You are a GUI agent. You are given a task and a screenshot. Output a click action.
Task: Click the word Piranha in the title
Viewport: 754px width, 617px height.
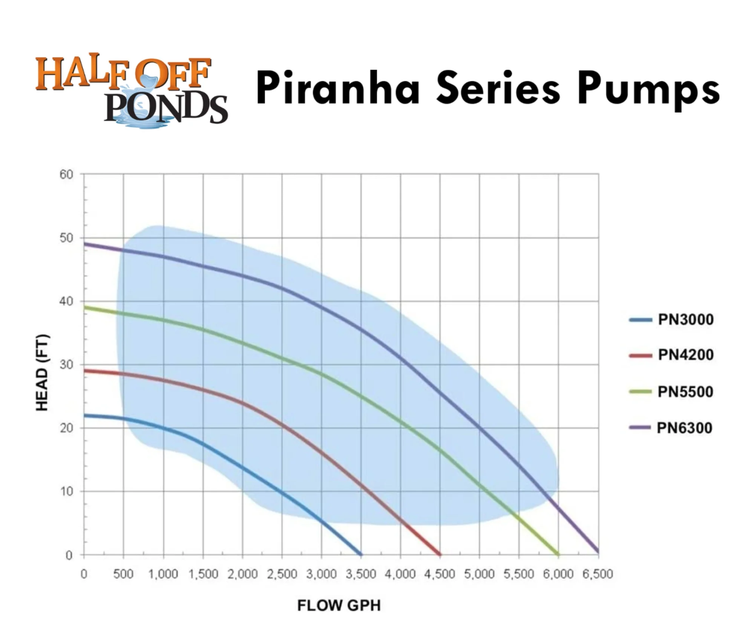[338, 89]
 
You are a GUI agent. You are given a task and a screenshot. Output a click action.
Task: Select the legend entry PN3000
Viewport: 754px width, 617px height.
[685, 320]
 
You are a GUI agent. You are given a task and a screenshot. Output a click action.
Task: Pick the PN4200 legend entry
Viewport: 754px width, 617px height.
[685, 355]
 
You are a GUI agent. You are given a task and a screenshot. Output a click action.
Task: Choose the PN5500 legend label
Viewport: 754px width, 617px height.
[685, 392]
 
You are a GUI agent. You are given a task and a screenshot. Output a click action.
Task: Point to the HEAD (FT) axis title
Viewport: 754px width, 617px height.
[42, 373]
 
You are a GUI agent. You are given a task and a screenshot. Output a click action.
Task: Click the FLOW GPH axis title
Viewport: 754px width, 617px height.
[339, 605]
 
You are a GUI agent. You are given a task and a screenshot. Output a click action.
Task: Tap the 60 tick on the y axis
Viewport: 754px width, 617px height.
[66, 175]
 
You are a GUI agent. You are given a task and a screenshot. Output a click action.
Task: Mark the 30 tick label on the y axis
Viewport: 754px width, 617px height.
[66, 365]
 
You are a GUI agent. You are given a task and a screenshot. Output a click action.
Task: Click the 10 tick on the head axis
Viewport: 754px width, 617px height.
[66, 492]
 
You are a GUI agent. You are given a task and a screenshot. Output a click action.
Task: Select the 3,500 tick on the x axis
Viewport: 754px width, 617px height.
[361, 574]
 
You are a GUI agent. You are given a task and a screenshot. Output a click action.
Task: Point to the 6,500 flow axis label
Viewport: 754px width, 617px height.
[598, 574]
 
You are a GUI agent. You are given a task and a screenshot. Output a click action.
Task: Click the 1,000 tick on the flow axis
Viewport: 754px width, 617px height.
[163, 574]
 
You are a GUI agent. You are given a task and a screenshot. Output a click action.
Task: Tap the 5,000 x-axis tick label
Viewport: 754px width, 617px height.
[479, 574]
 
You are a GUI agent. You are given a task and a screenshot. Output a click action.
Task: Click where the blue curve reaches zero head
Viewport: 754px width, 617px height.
[361, 554]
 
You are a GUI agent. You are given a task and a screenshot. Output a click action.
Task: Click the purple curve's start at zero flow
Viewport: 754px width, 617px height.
[84, 244]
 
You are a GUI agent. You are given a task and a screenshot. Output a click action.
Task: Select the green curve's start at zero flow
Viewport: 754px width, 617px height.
[84, 307]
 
